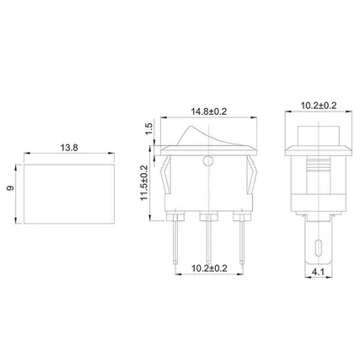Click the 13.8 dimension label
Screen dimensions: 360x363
[69, 148]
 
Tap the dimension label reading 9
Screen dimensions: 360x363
[10, 188]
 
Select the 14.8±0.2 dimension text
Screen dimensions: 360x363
[209, 111]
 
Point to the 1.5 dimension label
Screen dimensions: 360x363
[149, 129]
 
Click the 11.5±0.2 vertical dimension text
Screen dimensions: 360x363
[144, 182]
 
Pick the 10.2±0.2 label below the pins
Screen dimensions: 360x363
[209, 268]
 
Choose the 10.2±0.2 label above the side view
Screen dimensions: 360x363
[319, 106]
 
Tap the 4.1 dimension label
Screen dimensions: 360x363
[318, 272]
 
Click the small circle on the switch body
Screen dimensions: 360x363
[208, 160]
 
